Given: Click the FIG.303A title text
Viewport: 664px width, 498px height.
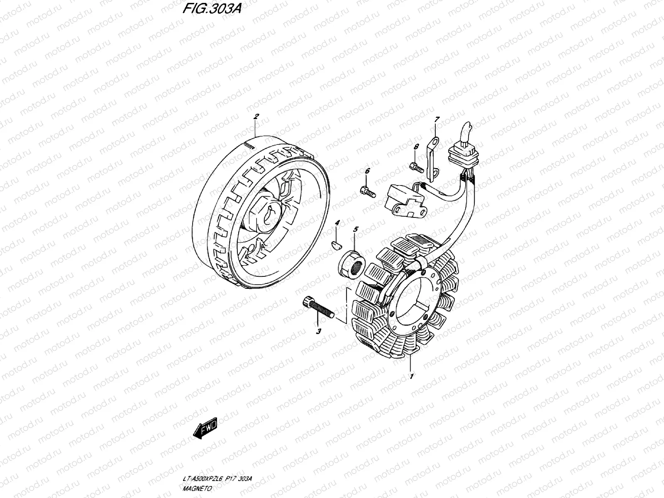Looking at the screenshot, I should (212, 9).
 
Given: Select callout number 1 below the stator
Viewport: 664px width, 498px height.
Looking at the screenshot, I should (411, 377).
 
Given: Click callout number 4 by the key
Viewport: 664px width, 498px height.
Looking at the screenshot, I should (337, 223).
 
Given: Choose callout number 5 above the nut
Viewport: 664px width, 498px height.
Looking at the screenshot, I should (356, 229).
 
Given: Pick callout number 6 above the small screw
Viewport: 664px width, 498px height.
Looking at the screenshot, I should (367, 171).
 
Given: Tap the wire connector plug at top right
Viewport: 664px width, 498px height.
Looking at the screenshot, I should (464, 155).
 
